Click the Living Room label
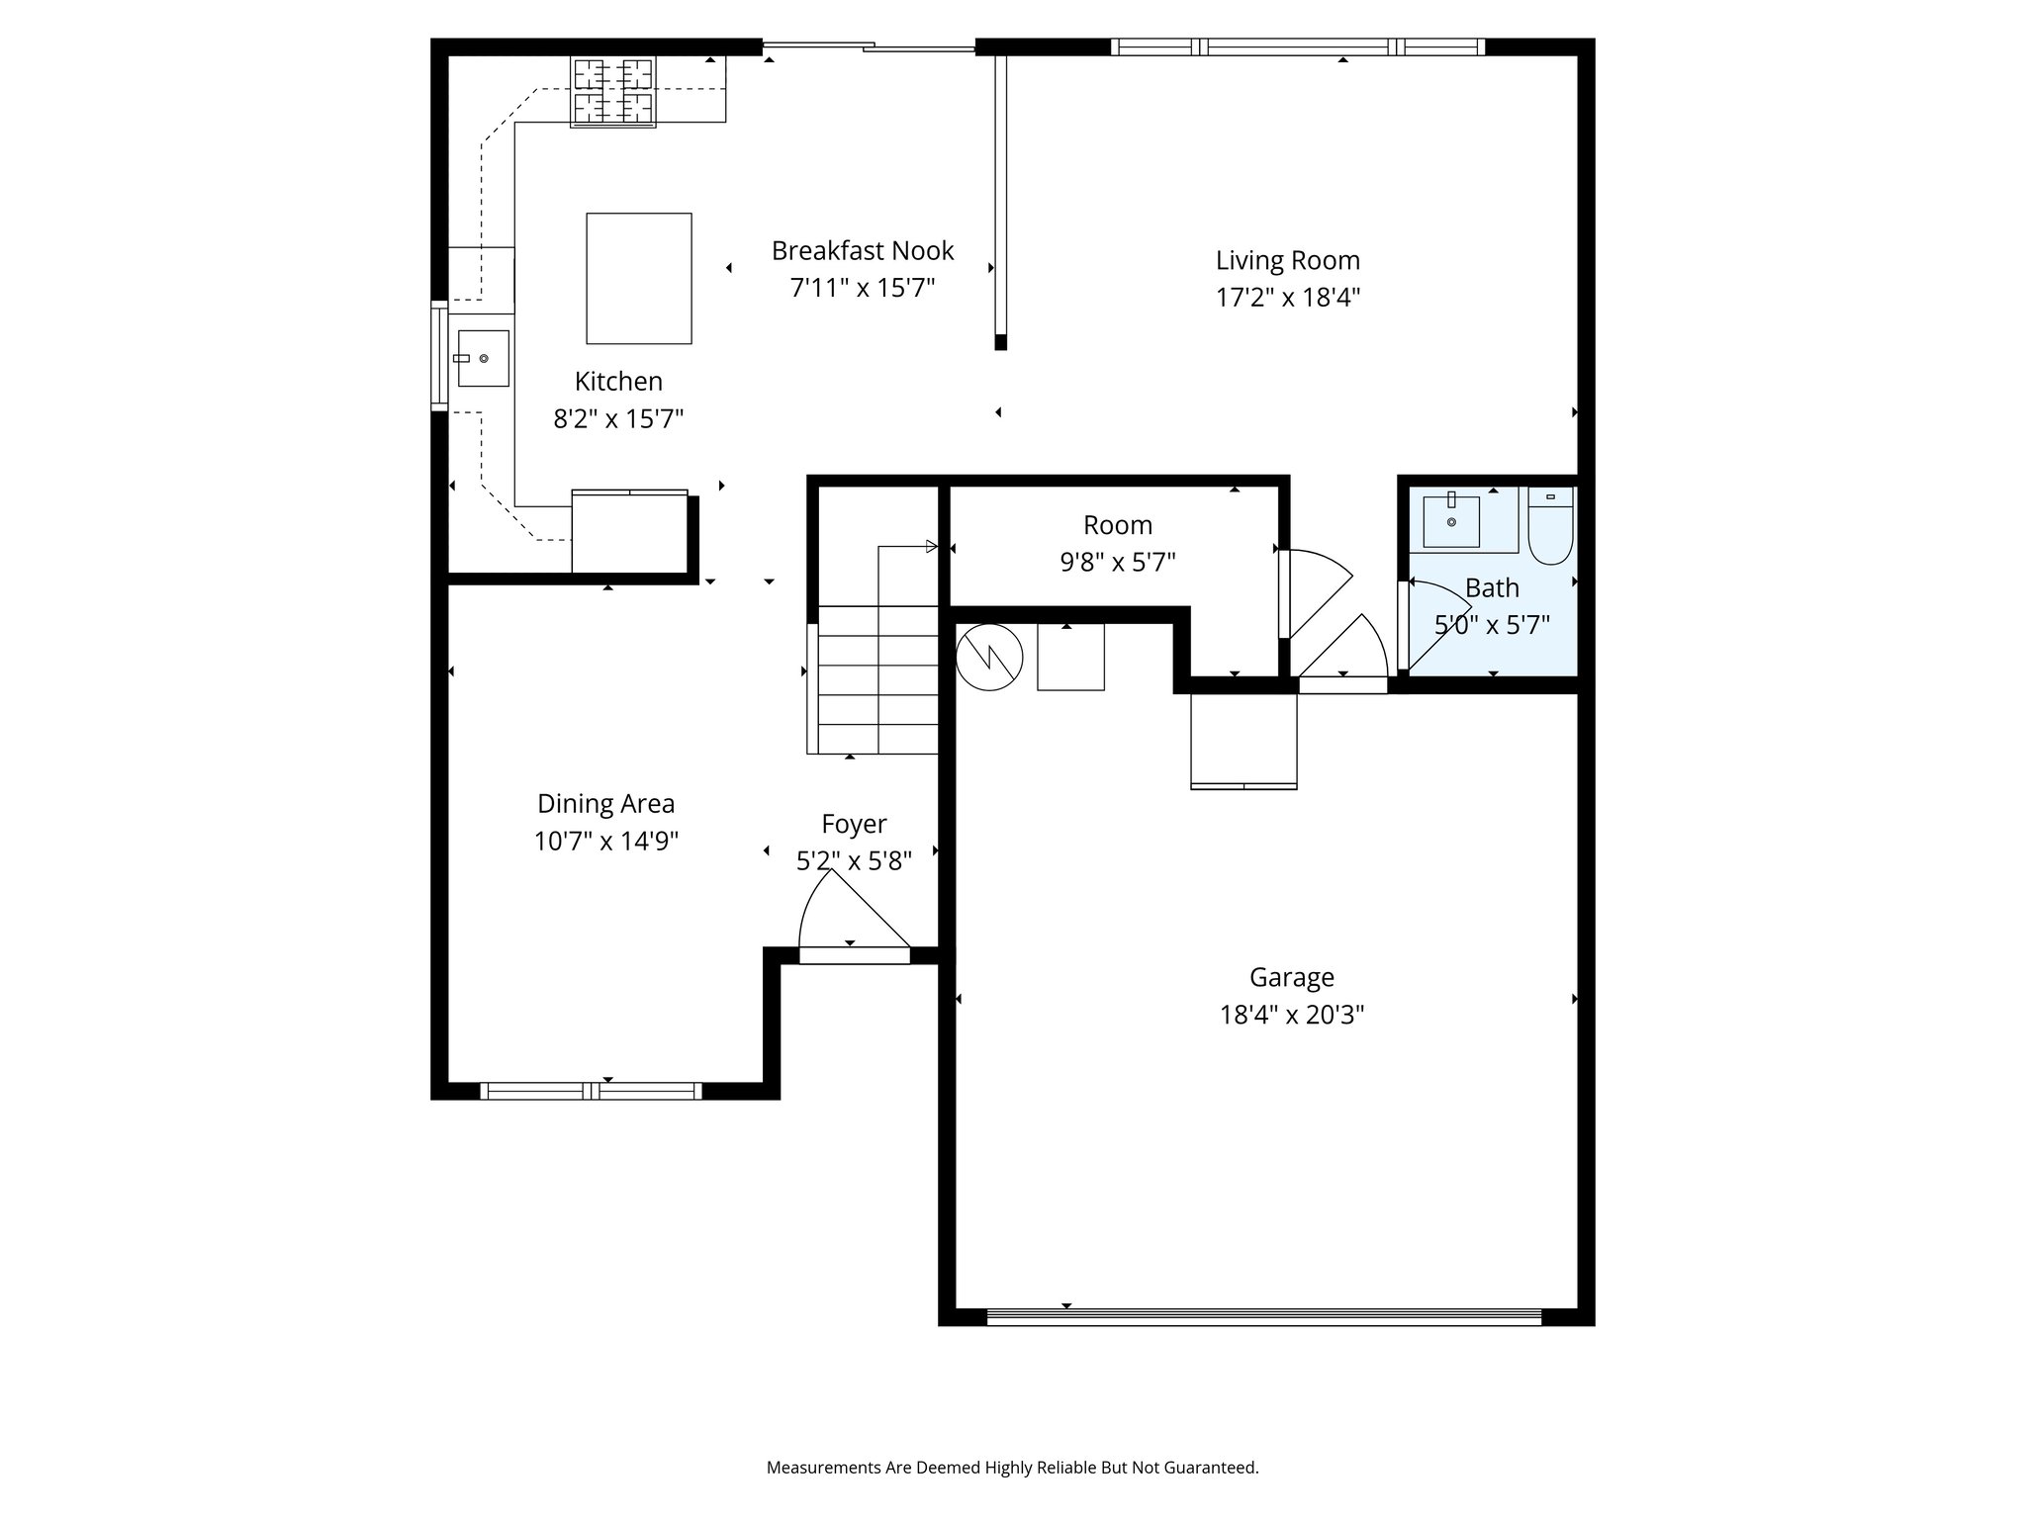point(1288,260)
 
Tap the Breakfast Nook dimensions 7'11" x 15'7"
point(863,288)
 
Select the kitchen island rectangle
point(639,278)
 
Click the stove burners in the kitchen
point(613,92)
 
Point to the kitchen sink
point(482,358)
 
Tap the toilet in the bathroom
point(1550,525)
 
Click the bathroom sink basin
point(1451,520)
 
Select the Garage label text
point(1292,977)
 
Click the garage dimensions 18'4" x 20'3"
point(1292,1015)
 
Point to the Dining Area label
point(605,803)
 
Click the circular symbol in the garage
point(989,657)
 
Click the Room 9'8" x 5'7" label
point(1118,543)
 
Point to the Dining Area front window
point(592,1091)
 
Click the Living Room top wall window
point(1298,46)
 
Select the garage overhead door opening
point(1264,1316)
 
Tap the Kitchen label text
point(618,381)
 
